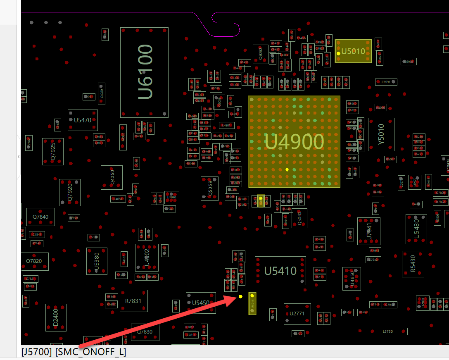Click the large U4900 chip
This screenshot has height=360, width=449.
294,142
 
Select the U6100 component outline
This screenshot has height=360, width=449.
145,72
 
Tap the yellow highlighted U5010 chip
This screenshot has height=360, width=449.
353,51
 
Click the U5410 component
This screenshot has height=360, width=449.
280,271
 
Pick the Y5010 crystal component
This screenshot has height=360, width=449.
381,135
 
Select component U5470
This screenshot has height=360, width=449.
83,120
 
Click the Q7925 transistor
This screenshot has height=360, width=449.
53,152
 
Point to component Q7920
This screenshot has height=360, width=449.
70,193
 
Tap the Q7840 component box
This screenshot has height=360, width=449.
40,217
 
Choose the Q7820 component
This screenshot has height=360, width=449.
34,261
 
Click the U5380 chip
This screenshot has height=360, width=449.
97,261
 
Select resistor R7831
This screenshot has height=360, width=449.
133,301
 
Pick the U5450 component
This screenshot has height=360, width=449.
201,303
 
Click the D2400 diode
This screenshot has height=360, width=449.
56,318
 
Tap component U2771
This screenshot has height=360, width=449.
297,314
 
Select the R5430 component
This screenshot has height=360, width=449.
413,264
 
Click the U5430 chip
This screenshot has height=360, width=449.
416,229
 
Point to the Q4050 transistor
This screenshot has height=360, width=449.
112,177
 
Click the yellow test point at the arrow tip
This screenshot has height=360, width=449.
241,296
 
